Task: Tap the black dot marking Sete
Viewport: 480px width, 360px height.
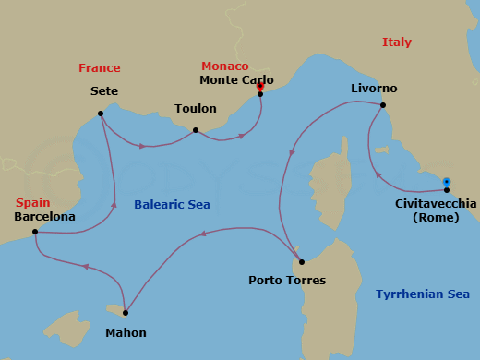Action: [101, 114]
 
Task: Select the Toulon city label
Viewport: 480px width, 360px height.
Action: [196, 109]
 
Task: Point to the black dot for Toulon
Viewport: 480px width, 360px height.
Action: [196, 130]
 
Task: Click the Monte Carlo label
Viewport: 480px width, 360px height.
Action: [236, 80]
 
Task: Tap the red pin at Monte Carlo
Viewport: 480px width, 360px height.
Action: [260, 88]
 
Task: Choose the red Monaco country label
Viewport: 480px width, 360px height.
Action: [225, 66]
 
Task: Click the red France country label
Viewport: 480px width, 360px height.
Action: [100, 68]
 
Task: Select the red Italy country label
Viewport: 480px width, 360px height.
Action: [397, 42]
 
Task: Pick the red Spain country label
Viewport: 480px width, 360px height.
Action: [32, 203]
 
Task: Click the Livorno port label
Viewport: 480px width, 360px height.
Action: [374, 89]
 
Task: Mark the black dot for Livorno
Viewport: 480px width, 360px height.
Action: [383, 105]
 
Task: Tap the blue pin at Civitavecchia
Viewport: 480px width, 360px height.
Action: [447, 183]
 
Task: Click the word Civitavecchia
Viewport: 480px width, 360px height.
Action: [436, 203]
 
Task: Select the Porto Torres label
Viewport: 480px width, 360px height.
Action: [287, 280]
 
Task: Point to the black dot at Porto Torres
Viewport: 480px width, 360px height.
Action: [302, 262]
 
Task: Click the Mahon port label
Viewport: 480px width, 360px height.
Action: [126, 332]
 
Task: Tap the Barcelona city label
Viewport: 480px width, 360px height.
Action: [44, 217]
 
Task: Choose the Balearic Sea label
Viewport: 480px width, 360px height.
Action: [172, 205]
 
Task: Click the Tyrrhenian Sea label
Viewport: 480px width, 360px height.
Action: [423, 294]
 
